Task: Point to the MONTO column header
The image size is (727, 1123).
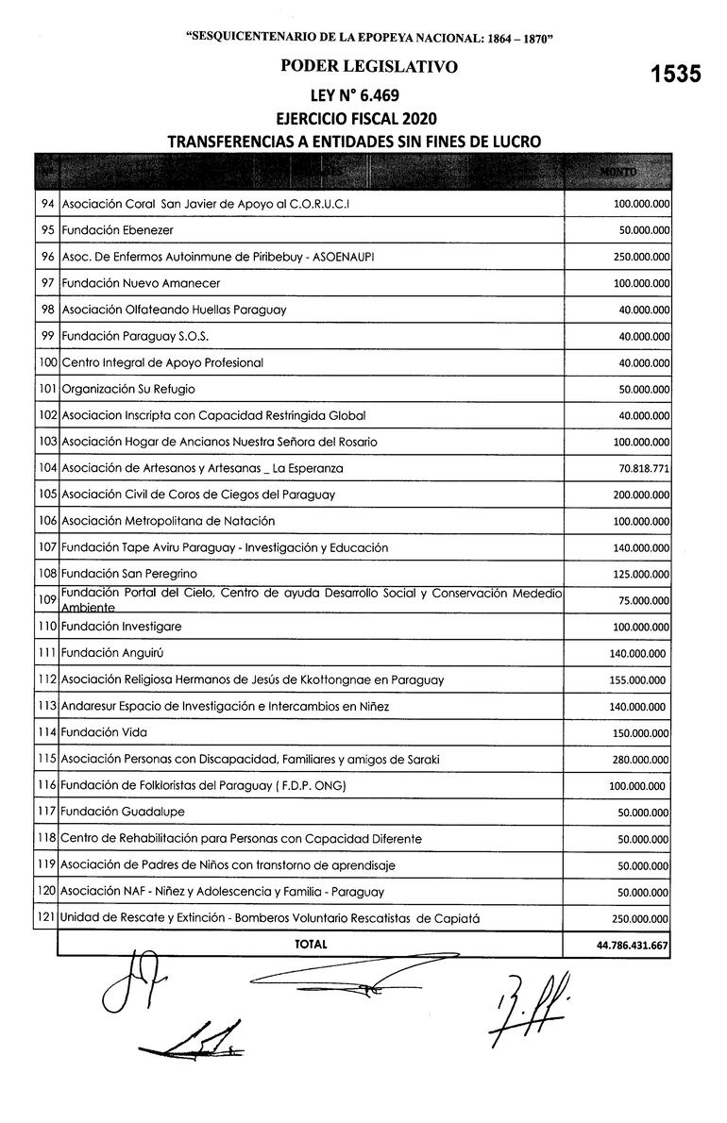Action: click(618, 171)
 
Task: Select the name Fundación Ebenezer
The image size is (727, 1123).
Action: click(117, 230)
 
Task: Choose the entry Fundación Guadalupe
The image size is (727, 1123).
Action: click(123, 812)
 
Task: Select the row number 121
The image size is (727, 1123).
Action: click(44, 918)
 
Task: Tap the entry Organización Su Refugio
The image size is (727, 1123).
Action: click(128, 389)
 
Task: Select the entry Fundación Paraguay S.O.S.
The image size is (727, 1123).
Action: click(134, 336)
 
